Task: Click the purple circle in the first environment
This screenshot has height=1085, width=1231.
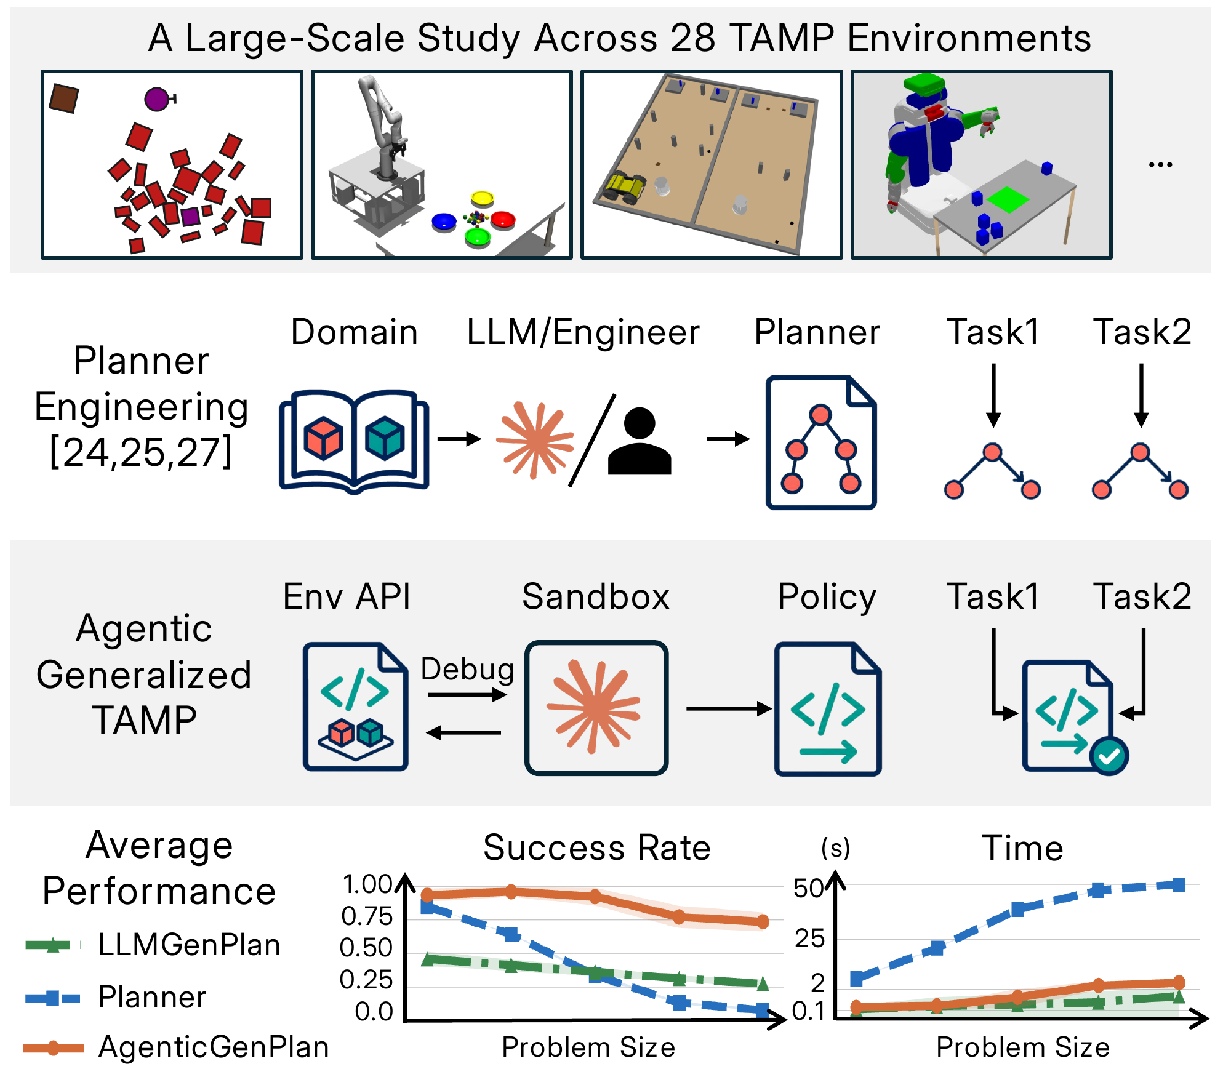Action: [x=156, y=99]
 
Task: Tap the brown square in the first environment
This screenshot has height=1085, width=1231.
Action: [x=63, y=98]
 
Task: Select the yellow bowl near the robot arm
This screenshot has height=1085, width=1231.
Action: [x=482, y=199]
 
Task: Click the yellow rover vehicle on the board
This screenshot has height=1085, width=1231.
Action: [x=625, y=187]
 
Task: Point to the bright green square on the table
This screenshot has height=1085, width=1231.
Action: [x=1008, y=200]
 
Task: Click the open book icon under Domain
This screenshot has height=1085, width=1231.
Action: [x=354, y=441]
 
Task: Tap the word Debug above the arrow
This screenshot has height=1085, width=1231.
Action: [x=467, y=670]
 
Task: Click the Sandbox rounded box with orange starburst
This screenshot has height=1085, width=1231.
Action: [x=596, y=708]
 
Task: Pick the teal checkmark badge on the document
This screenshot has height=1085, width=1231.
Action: [x=1109, y=756]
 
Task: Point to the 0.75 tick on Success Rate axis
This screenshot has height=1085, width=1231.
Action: [x=367, y=916]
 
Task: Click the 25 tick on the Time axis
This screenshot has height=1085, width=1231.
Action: [x=810, y=939]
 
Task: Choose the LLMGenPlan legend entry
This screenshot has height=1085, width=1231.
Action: [x=153, y=945]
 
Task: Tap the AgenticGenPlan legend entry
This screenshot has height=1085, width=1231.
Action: [x=176, y=1047]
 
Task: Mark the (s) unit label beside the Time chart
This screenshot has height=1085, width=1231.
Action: [x=835, y=848]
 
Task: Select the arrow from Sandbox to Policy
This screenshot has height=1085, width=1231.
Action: [x=729, y=708]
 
